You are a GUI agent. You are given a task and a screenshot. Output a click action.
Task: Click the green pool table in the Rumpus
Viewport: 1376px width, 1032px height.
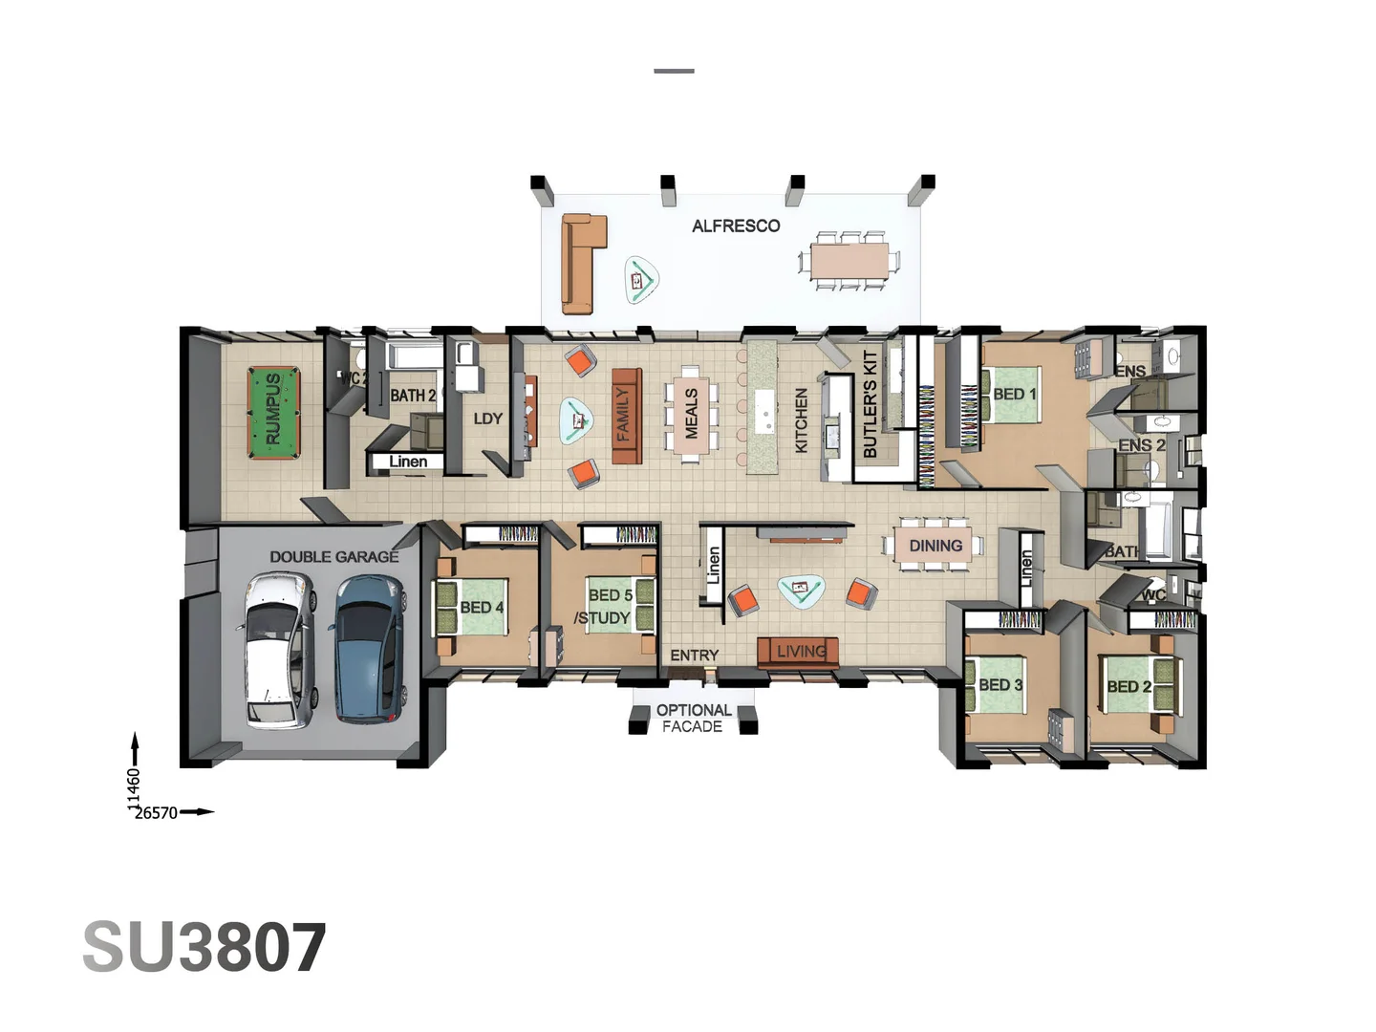(x=273, y=414)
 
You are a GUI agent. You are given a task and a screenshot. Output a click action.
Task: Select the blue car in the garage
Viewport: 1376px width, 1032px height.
(x=367, y=648)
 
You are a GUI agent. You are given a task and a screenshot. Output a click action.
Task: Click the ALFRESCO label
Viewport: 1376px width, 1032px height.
(x=736, y=226)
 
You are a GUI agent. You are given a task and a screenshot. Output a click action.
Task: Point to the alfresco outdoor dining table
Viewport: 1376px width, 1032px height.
(x=849, y=260)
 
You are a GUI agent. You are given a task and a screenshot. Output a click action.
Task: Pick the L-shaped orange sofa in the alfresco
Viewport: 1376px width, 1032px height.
(x=581, y=262)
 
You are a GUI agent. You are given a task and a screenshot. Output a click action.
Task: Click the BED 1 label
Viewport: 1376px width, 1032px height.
(x=1014, y=394)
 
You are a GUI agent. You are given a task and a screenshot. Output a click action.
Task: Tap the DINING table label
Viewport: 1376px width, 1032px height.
(x=935, y=546)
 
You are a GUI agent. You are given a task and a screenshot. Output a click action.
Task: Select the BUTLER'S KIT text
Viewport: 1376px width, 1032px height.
(x=870, y=403)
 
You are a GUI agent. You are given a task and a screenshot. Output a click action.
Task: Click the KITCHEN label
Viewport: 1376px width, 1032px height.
(x=801, y=420)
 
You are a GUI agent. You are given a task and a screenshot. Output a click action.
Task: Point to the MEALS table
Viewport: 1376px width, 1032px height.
(x=691, y=414)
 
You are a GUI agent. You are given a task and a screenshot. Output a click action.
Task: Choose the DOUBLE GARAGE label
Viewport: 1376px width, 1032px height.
(x=333, y=556)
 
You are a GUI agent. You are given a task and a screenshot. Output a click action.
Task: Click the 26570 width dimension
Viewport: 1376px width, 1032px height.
(x=156, y=813)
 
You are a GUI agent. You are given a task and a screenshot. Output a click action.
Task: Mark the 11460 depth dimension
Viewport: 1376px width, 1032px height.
(x=134, y=787)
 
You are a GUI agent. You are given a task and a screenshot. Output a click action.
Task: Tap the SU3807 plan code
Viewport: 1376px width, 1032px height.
(x=204, y=948)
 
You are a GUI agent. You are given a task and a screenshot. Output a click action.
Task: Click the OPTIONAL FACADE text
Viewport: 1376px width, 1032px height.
(x=694, y=719)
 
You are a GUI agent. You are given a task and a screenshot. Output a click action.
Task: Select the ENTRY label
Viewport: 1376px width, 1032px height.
(x=694, y=656)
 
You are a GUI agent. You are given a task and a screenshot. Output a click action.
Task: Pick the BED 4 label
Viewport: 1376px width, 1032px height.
(x=482, y=608)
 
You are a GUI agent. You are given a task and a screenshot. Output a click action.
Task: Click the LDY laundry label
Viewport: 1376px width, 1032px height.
(x=487, y=419)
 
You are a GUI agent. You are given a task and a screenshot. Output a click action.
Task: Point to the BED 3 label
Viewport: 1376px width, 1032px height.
(x=1000, y=685)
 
